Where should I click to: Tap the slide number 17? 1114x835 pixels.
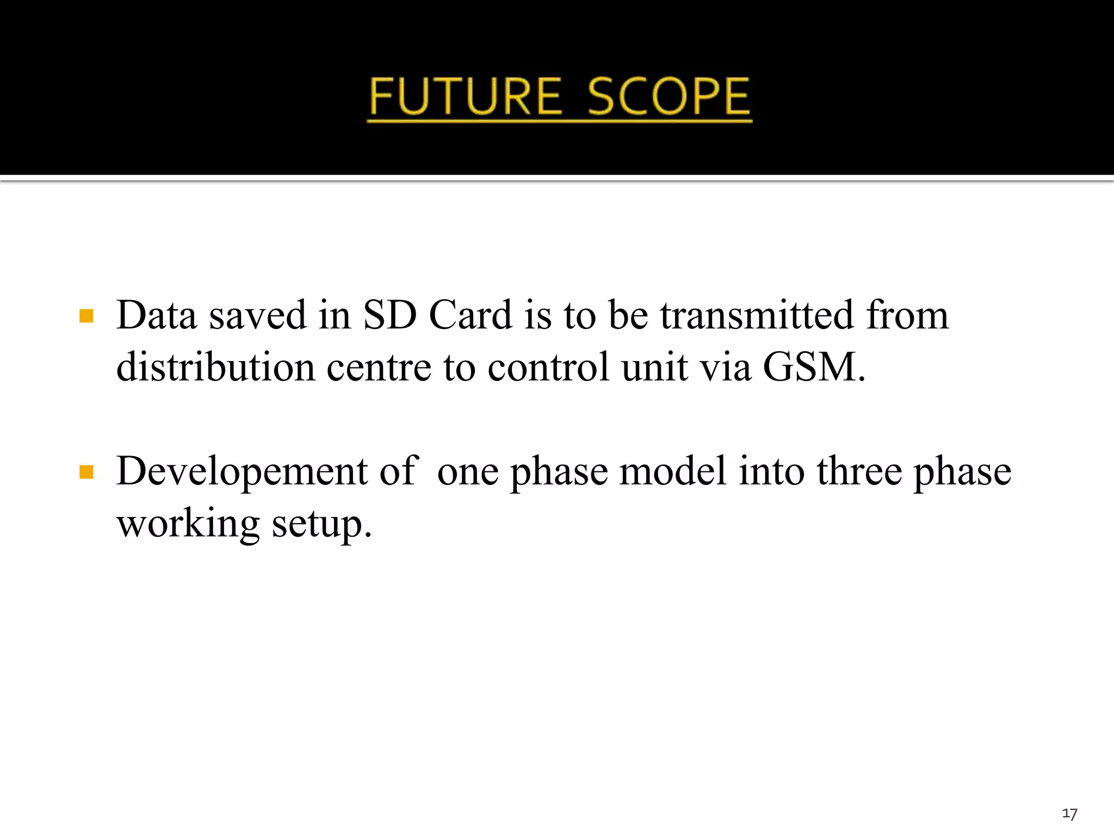tap(1069, 814)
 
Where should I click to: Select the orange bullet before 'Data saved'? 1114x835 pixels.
tap(86, 316)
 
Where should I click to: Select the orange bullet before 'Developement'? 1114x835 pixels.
tap(86, 471)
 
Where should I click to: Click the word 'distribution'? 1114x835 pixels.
tap(216, 367)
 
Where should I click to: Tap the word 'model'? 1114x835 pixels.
tap(673, 471)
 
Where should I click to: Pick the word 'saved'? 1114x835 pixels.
tap(258, 316)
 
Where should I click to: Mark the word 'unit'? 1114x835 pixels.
tap(655, 367)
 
